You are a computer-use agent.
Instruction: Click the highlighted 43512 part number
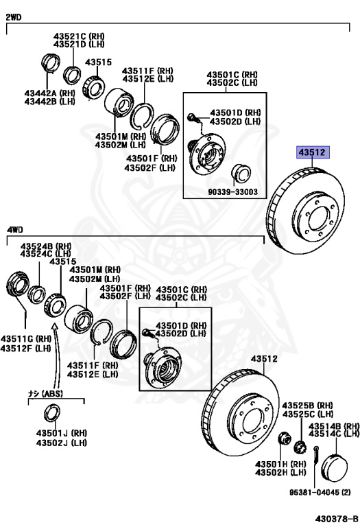[x=313, y=152]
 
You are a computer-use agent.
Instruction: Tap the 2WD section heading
[x=14, y=17]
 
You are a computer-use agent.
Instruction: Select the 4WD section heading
[x=15, y=230]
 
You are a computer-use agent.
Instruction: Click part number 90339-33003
[x=232, y=192]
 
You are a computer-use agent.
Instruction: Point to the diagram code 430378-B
[x=337, y=518]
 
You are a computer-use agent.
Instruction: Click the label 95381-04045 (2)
[x=320, y=493]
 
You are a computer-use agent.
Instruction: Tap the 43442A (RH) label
[x=49, y=93]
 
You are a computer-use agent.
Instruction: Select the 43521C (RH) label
[x=79, y=36]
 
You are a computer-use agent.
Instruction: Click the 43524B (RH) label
[x=46, y=246]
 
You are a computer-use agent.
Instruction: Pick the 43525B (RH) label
[x=308, y=406]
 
